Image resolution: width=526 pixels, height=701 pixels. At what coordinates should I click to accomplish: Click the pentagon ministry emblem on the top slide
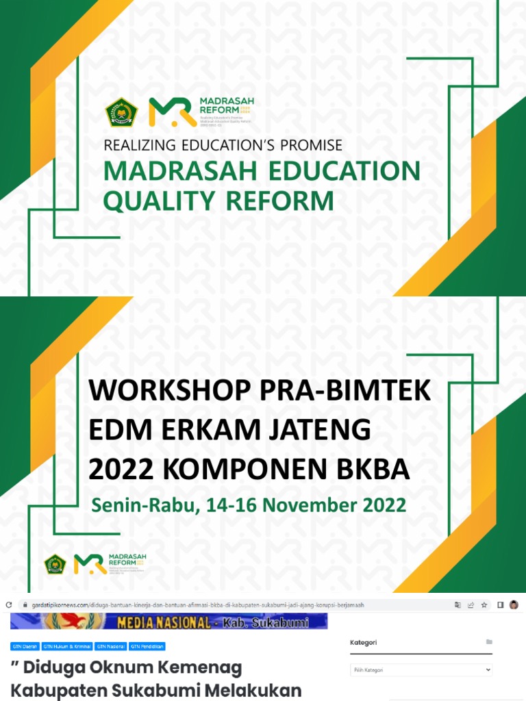121,113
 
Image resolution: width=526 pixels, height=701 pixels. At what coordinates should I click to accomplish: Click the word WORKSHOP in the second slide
169,391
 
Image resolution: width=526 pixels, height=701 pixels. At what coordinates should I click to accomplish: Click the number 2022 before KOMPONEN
121,470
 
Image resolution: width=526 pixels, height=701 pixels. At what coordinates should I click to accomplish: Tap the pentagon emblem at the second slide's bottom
55,564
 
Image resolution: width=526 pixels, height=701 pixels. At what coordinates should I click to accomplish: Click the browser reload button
9,605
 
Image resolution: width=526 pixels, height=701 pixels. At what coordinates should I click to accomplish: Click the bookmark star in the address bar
484,605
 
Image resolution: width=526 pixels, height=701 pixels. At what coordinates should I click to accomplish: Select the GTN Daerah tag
25,646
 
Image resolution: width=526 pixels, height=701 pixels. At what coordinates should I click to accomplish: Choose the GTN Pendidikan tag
147,646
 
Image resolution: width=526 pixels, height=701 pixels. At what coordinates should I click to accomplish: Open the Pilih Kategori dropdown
421,670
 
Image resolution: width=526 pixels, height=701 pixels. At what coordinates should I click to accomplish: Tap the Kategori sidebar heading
364,642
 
